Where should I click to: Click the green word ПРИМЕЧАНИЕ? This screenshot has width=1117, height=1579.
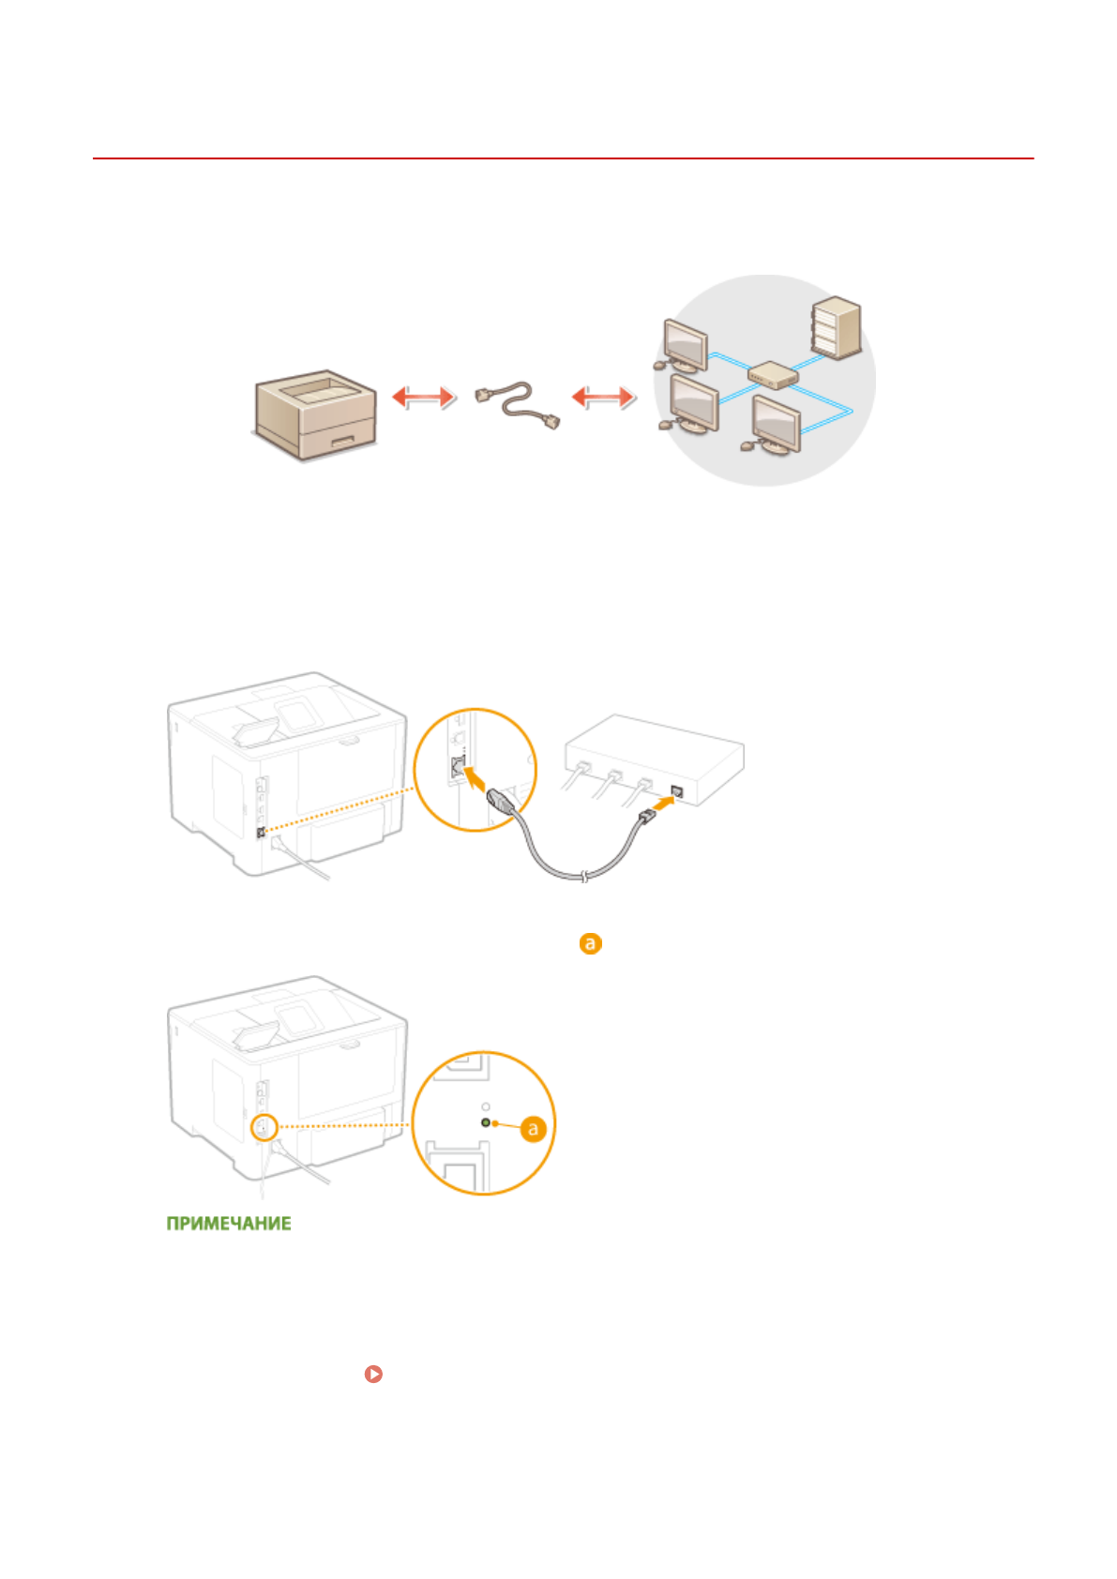(229, 1224)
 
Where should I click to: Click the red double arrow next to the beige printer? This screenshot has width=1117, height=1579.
(423, 398)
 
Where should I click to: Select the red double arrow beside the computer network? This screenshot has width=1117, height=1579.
(603, 398)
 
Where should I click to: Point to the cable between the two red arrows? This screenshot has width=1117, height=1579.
(519, 404)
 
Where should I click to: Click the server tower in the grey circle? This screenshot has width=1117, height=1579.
(837, 327)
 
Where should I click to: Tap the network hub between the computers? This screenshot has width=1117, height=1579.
(773, 375)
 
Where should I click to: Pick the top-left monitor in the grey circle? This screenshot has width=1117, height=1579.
(685, 345)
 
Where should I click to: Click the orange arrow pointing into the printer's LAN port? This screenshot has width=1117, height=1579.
(477, 777)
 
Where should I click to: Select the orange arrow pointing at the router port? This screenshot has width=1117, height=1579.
(662, 803)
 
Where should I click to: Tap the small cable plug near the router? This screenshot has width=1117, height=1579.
(645, 819)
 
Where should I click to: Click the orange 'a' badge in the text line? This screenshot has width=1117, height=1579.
(590, 943)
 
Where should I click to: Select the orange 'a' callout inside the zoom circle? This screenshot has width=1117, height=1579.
(533, 1129)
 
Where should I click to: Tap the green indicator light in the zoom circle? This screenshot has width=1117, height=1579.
(485, 1122)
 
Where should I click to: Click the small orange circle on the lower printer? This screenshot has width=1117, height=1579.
(263, 1126)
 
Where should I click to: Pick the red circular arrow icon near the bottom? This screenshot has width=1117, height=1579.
(373, 1374)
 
